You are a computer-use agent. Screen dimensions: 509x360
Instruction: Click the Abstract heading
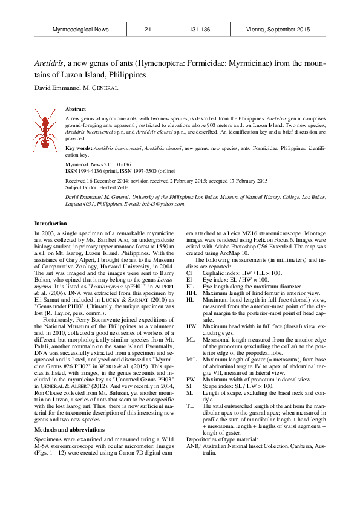pyautogui.click(x=76, y=109)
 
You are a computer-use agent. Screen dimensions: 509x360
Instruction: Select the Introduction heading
pyautogui.click(x=51, y=224)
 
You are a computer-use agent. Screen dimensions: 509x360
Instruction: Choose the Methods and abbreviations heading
pyautogui.click(x=70, y=413)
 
